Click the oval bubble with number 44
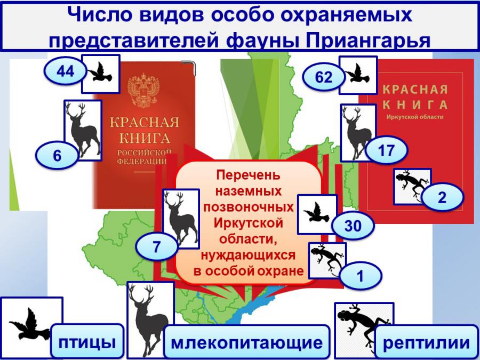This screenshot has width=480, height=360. click(65, 71)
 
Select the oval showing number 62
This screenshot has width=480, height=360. click(324, 76)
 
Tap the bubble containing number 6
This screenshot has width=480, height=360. click(57, 156)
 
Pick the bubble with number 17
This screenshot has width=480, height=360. click(386, 150)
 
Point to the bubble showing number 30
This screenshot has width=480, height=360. click(353, 226)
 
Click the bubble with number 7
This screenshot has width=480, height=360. click(156, 246)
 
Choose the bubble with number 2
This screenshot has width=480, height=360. click(442, 197)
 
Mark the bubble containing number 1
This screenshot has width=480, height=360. click(361, 276)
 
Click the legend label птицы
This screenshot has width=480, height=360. click(87, 342)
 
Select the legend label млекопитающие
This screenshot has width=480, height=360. click(247, 342)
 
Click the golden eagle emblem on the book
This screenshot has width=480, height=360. click(143, 90)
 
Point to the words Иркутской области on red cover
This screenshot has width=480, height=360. click(414, 117)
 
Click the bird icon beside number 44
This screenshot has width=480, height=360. click(100, 74)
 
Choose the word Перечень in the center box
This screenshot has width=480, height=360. click(248, 175)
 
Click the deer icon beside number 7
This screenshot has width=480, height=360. click(181, 219)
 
